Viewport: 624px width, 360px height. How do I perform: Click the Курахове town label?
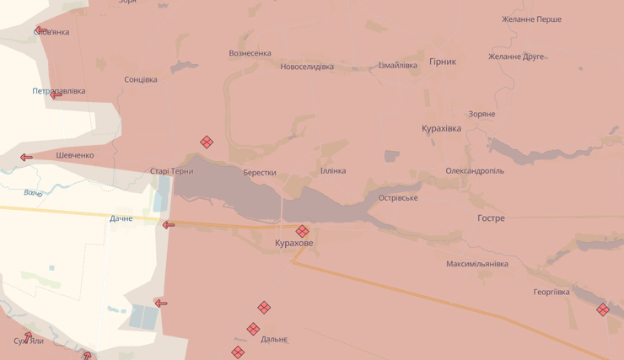(293, 243)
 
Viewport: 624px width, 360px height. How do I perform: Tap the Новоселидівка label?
(307, 67)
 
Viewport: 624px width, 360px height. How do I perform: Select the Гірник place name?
(443, 62)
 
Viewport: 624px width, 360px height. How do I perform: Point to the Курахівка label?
(441, 128)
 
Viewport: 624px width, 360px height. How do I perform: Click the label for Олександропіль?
(475, 170)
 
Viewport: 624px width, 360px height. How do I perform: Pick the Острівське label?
(398, 198)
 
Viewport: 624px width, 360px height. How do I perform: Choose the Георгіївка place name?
(551, 293)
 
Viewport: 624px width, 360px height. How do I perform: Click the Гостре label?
(491, 218)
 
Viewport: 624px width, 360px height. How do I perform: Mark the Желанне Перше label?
(531, 19)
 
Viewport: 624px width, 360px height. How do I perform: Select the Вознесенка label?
(250, 53)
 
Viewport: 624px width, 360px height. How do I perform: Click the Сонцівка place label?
(141, 80)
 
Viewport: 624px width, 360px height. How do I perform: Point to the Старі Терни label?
(172, 171)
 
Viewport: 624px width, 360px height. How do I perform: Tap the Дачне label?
(121, 218)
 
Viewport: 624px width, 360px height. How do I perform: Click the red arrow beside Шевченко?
(26, 157)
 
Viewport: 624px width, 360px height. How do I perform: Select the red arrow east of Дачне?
(169, 224)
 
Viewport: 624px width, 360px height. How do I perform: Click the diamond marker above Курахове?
(302, 231)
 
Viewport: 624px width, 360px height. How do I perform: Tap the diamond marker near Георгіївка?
(603, 309)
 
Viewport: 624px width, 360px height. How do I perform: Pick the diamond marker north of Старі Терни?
(207, 142)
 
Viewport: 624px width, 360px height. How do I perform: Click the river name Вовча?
(33, 193)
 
